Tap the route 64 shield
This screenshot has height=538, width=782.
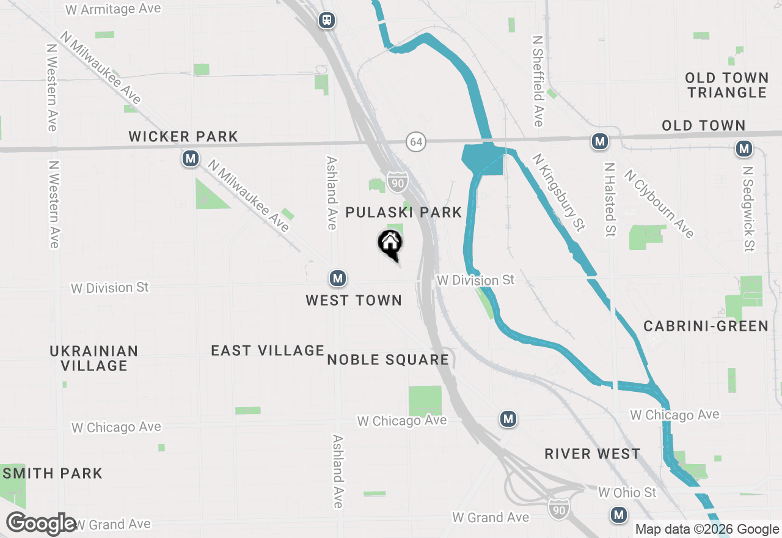[416, 142]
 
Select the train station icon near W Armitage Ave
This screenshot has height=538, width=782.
[327, 20]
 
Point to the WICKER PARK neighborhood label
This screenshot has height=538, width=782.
[183, 136]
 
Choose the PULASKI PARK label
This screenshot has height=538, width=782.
[404, 212]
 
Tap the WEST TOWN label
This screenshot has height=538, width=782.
[354, 300]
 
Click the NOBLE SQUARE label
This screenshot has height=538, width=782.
[388, 359]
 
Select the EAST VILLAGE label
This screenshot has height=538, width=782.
[268, 350]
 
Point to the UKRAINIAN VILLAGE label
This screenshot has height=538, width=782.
[94, 358]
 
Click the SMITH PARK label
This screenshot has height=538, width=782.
[52, 473]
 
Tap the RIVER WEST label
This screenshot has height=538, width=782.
[592, 454]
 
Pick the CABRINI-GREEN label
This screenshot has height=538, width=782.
[706, 326]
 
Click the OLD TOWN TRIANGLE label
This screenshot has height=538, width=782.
[726, 85]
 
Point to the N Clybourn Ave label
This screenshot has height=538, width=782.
[659, 204]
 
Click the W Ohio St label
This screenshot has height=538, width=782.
[627, 492]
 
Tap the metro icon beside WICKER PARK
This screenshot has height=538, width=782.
[191, 159]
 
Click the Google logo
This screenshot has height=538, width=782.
[42, 524]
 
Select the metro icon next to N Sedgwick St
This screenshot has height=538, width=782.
[744, 149]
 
